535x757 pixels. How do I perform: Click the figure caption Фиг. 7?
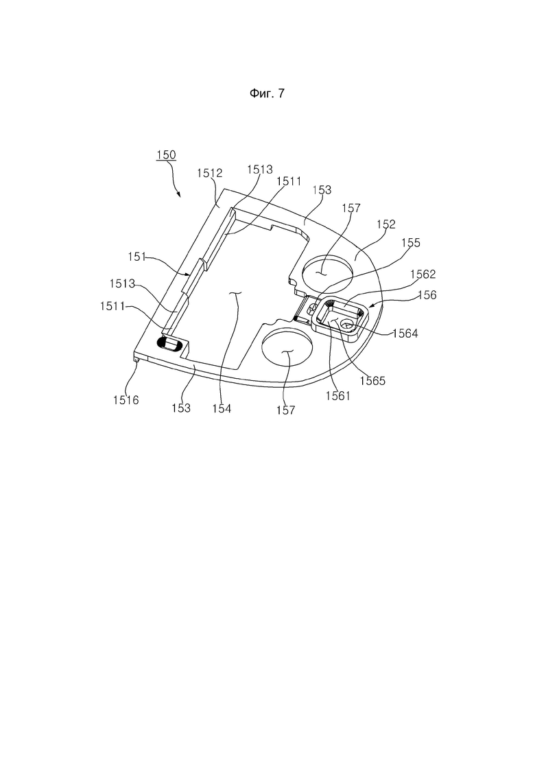point(267,93)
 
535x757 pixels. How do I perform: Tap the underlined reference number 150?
point(166,155)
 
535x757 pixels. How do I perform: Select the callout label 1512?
point(209,173)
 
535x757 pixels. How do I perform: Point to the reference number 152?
point(386,224)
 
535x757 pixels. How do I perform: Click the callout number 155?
point(411,242)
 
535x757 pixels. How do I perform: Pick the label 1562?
point(423,275)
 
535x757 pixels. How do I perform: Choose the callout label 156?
point(427,294)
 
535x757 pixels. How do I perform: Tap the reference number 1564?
point(405,333)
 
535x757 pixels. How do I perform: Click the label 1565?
point(373,380)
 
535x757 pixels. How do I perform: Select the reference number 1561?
point(337,396)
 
